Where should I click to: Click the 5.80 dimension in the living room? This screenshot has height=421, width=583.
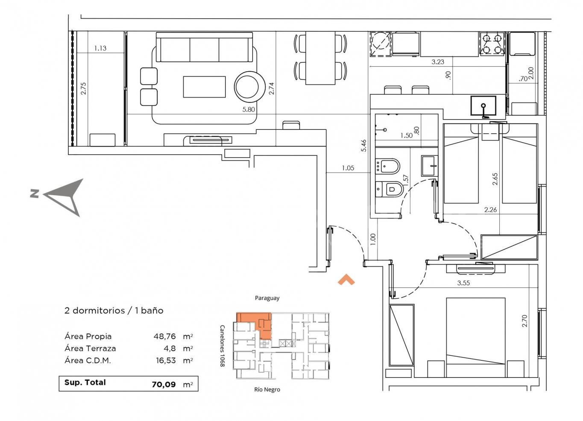coord(249,110)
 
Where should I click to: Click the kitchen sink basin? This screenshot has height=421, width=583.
coord(483,105)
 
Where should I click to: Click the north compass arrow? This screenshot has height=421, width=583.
coord(63,197)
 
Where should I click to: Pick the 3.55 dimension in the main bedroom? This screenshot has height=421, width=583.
coord(463,283)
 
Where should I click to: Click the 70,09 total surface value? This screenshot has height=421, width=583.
coord(164,384)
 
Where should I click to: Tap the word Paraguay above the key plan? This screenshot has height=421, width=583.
coord(267,298)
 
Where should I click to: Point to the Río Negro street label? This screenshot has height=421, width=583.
coord(267,389)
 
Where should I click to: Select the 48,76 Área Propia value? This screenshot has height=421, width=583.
coord(164,336)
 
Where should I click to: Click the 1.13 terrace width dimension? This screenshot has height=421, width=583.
coord(100,48)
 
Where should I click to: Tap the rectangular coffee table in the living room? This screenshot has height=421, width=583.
coord(204,87)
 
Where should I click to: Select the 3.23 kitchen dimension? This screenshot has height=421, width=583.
coord(438,62)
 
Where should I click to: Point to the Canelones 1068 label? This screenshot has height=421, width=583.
coord(222,346)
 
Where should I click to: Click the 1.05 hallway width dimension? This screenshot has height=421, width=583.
coord(348,168)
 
